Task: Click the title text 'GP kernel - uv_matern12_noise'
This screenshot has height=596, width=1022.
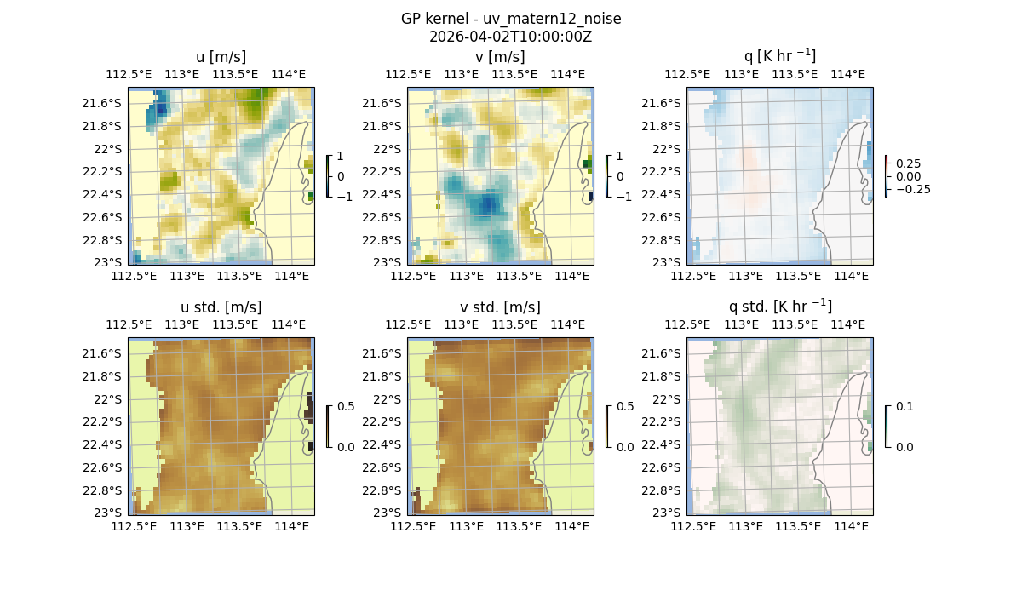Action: tap(511, 19)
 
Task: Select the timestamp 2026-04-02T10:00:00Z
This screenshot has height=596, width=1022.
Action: tap(511, 37)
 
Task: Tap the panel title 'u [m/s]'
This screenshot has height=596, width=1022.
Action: tap(221, 57)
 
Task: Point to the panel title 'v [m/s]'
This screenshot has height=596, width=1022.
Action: tap(500, 57)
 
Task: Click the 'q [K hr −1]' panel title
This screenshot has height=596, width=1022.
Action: tap(779, 57)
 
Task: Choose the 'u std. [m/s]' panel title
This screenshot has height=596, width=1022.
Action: tap(221, 307)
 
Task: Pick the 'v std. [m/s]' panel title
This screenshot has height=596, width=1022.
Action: tap(500, 307)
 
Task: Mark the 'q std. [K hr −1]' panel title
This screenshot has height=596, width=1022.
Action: tap(779, 307)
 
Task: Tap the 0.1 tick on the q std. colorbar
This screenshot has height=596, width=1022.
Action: tap(903, 407)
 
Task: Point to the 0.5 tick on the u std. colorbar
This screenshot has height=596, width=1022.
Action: tap(346, 407)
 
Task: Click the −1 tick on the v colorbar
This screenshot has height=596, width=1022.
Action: tap(623, 196)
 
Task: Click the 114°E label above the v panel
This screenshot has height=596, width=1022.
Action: tap(568, 74)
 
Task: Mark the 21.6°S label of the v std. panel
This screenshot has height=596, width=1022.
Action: tap(385, 353)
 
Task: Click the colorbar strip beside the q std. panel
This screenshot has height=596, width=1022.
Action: tap(887, 427)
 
